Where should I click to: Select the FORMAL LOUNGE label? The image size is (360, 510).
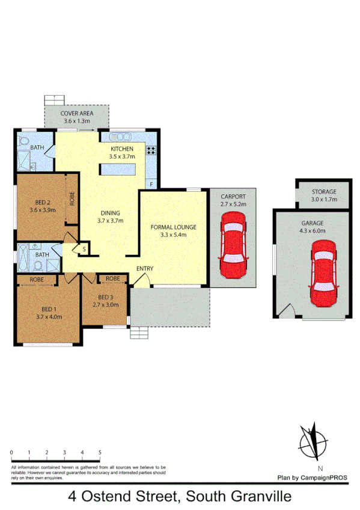(x=173, y=227)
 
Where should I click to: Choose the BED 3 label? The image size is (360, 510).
(x=105, y=297)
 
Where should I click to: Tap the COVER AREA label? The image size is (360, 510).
(x=77, y=114)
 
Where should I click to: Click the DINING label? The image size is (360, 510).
(x=110, y=213)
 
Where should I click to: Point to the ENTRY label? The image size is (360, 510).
(x=145, y=268)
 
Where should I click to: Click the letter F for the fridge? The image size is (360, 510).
(x=151, y=184)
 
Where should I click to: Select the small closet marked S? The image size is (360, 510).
(x=84, y=249)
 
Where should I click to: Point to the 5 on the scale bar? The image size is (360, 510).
(x=100, y=452)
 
